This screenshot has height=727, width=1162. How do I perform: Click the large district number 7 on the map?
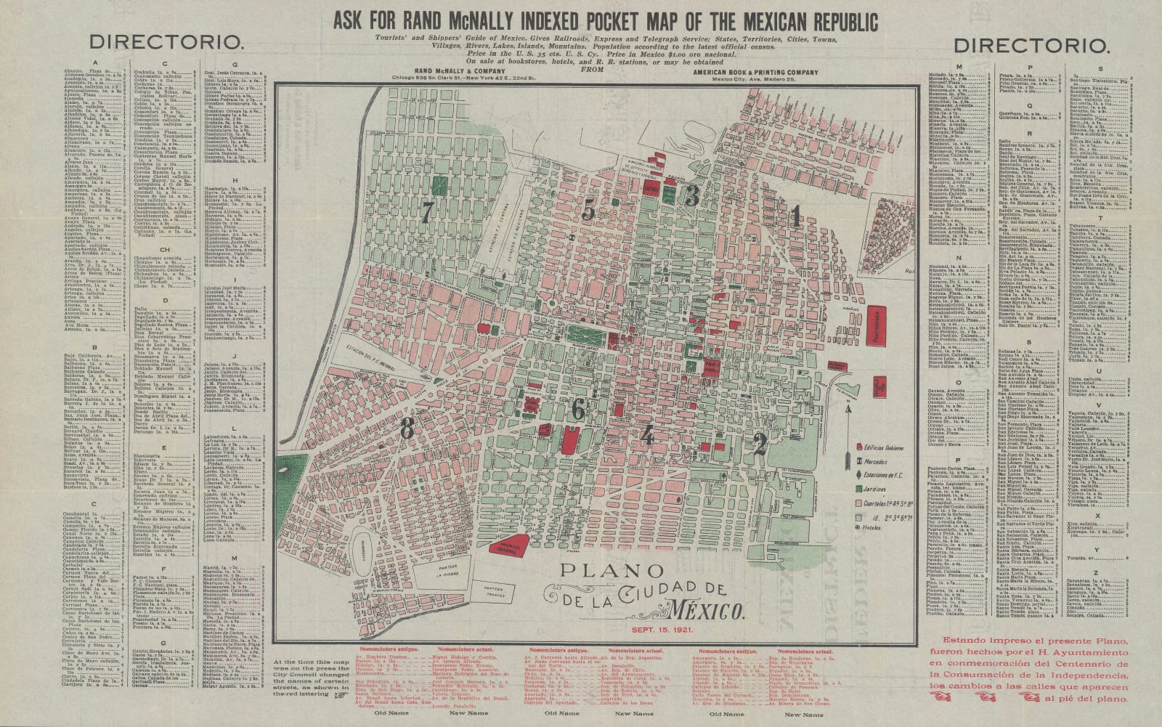point(427,212)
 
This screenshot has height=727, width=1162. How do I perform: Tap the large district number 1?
point(796,216)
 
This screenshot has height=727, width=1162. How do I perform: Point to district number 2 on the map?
point(760,443)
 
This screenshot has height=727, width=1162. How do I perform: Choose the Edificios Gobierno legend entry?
point(882,447)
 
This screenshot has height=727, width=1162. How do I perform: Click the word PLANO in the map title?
point(601,572)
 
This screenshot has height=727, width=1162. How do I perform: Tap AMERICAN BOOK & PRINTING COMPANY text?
point(755,72)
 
